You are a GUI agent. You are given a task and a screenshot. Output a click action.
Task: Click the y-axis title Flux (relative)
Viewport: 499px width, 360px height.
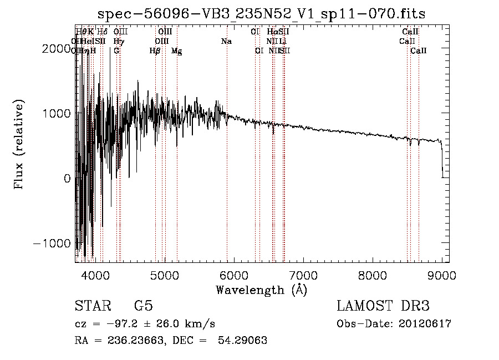tap(19, 145)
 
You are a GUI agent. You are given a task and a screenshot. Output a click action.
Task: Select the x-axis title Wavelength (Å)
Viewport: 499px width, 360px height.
tap(261, 290)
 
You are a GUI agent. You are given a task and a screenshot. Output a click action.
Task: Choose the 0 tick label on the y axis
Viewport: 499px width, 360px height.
tap(66, 179)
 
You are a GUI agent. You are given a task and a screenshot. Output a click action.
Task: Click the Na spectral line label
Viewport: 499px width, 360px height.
tap(226, 42)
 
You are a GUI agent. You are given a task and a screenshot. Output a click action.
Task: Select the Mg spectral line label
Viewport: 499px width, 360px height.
tap(176, 51)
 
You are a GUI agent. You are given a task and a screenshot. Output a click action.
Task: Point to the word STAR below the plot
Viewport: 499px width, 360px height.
tap(93, 306)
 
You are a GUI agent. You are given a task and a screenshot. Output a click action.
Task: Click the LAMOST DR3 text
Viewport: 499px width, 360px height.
tap(383, 306)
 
